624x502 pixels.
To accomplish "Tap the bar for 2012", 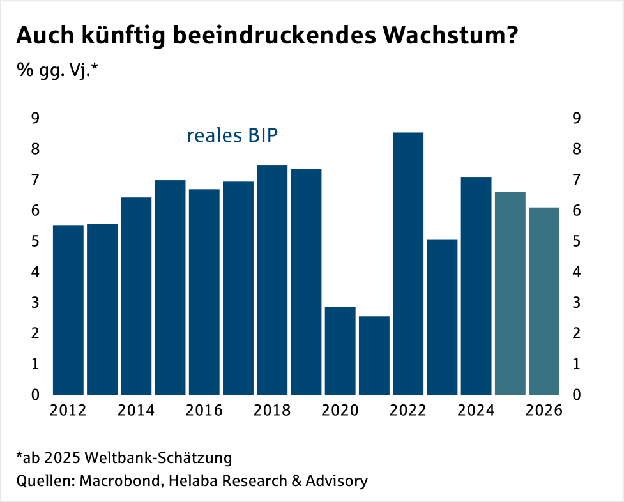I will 68,310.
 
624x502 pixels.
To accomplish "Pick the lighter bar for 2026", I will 544,301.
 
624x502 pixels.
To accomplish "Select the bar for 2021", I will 374,355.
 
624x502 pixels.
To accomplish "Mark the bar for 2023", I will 442,317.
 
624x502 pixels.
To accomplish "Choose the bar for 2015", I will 170,287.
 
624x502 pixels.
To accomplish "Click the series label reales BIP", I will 232,136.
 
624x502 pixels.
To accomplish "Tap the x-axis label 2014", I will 137,410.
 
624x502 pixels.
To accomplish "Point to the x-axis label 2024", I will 476,410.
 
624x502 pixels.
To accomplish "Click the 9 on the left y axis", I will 36,118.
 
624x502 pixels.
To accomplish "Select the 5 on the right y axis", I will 577,241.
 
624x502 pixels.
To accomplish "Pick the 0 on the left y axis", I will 36,394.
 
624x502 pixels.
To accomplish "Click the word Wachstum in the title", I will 447,36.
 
